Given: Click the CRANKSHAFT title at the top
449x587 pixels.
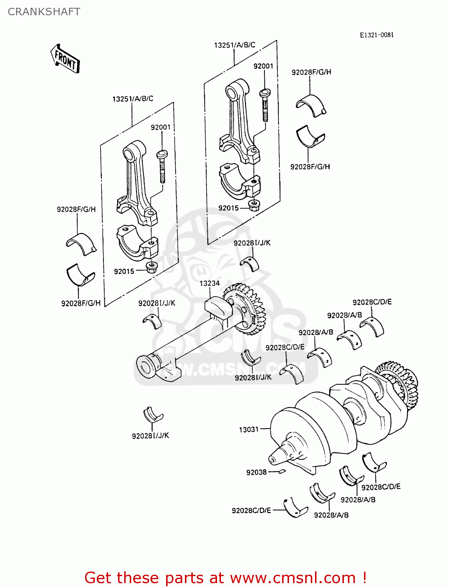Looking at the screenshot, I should tap(44, 12).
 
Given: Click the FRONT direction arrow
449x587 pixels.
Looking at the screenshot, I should tap(65, 59).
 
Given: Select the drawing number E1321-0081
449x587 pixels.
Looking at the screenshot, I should tap(377, 35).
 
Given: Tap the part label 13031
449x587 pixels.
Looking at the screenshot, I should tap(249, 430).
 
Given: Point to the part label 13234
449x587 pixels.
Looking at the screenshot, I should tap(210, 283).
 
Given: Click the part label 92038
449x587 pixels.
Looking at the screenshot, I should tap(256, 472).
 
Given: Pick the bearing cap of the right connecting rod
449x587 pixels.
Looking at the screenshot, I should tap(239, 180).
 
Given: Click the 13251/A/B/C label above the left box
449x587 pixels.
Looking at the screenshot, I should tap(132, 99).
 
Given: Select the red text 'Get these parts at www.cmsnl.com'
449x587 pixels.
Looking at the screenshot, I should tap(225, 578).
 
